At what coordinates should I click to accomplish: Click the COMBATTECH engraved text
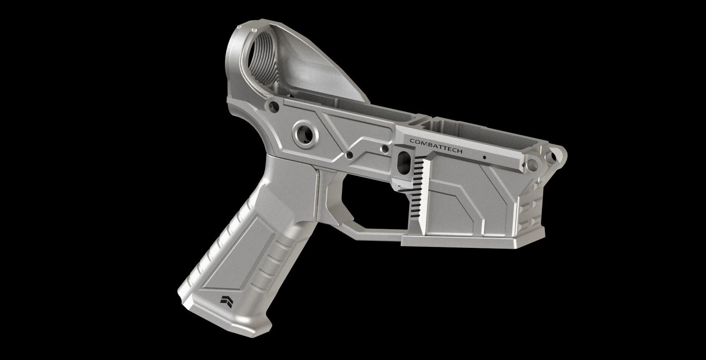coord(436,146)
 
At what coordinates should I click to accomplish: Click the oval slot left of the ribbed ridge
coord(404,160)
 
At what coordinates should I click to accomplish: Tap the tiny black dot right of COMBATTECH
coord(484,158)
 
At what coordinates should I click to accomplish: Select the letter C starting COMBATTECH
coord(412,141)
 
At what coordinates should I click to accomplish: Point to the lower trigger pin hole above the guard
coord(350,156)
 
